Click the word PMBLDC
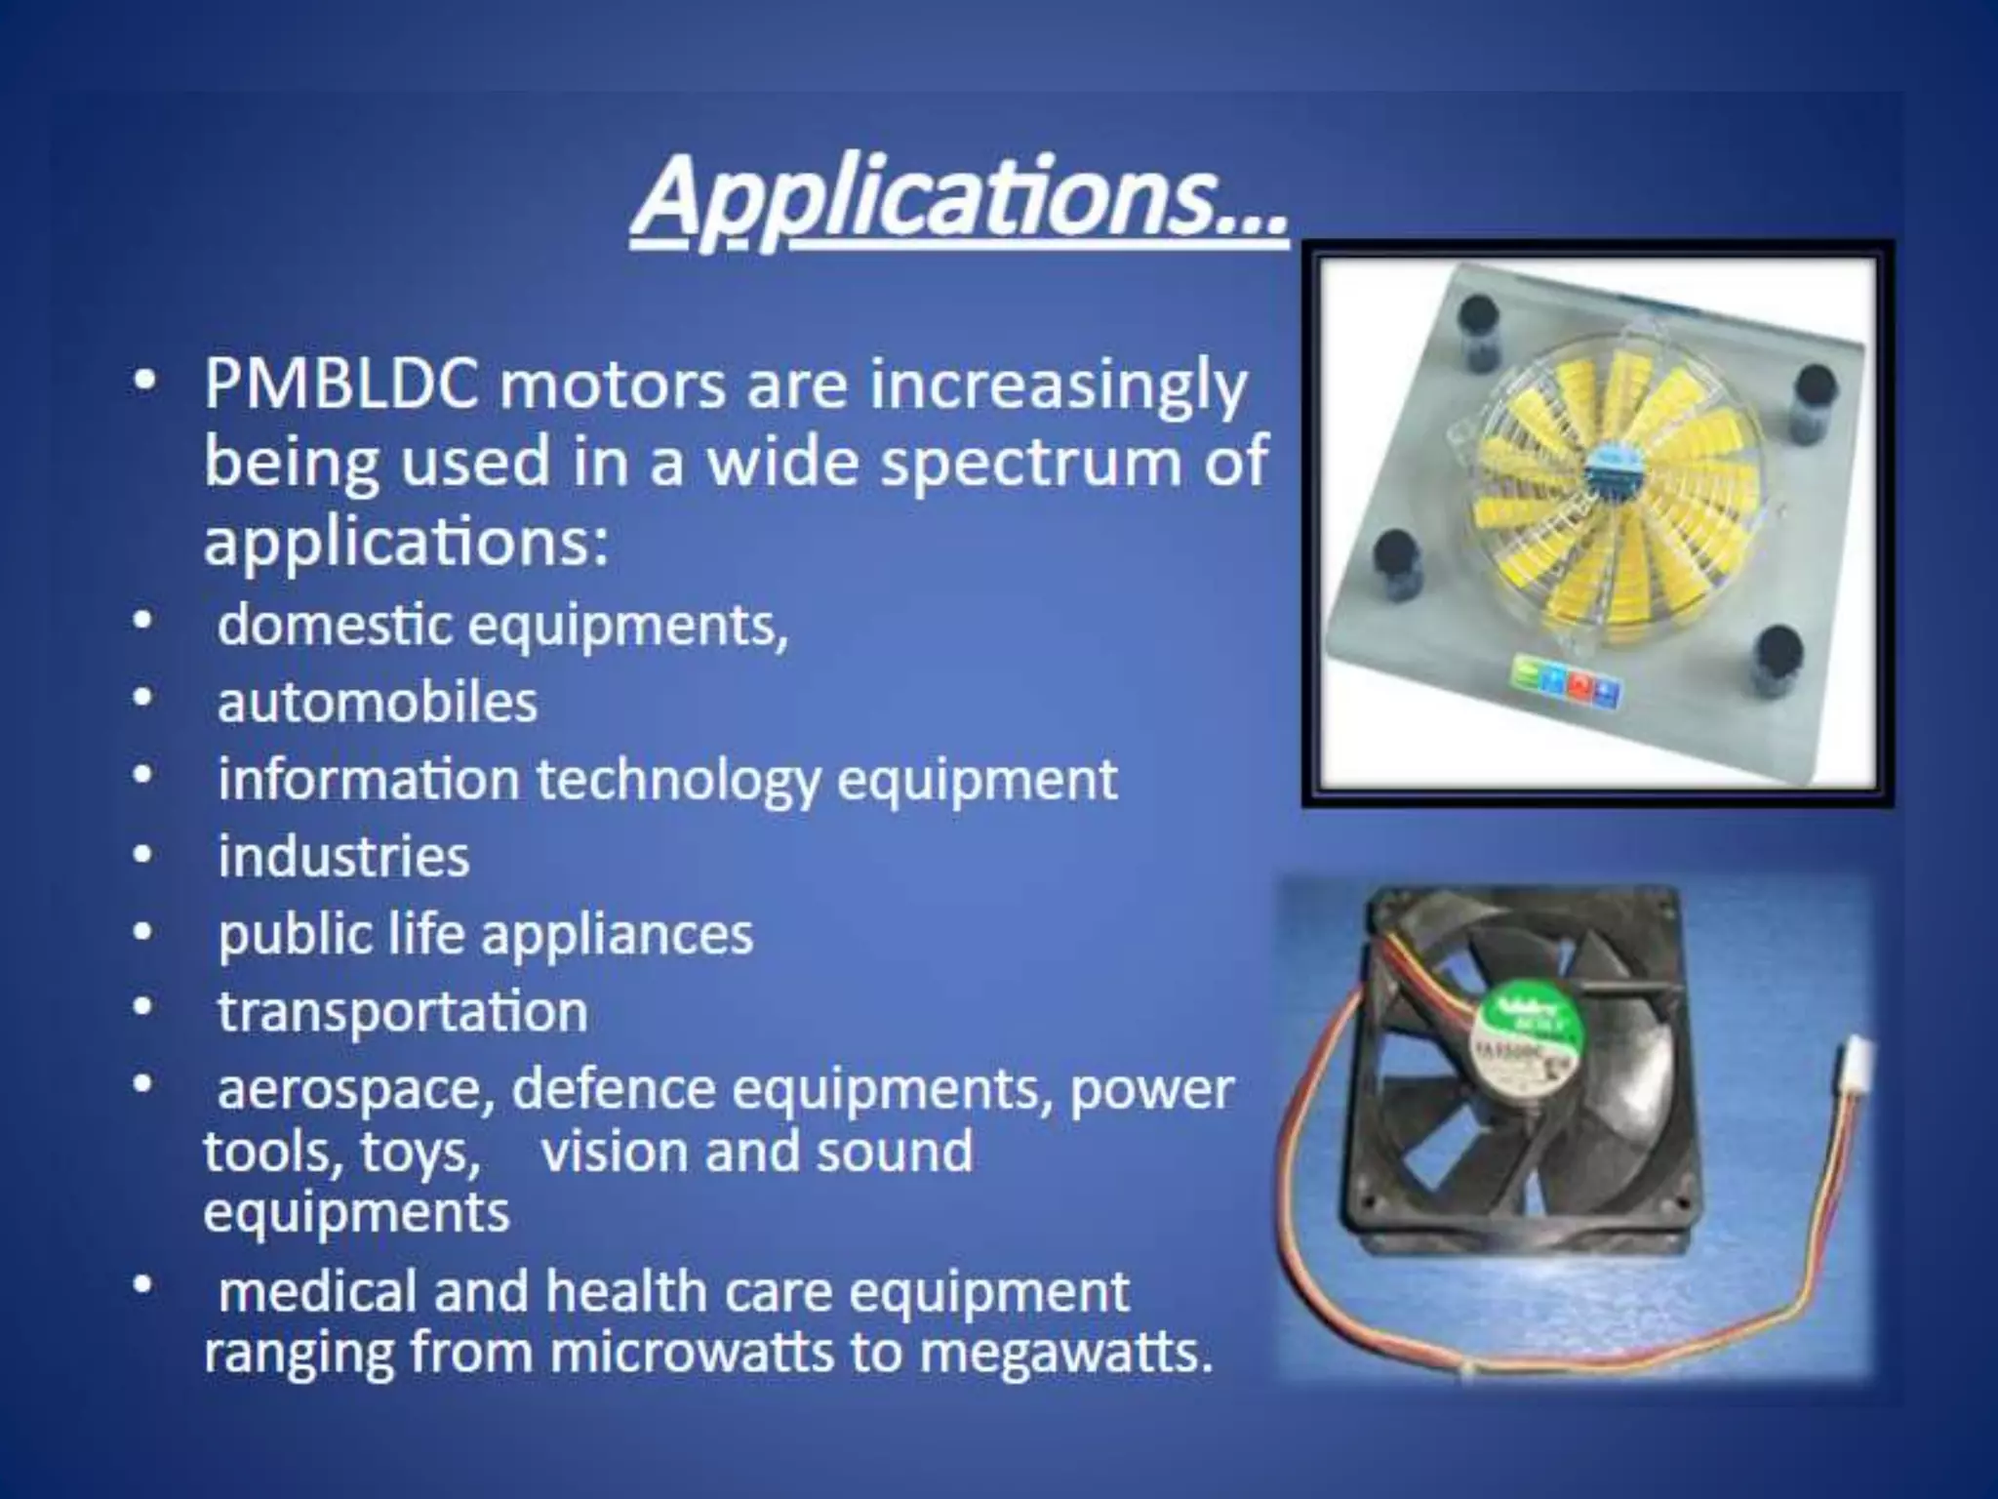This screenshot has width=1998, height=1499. (340, 385)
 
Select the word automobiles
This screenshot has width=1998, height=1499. (377, 703)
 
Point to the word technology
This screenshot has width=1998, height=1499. (678, 781)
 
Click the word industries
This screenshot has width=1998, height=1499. (343, 857)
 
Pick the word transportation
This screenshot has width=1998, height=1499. (402, 1012)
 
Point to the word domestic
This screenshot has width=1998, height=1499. (334, 625)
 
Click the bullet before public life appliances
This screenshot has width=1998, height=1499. (143, 932)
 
